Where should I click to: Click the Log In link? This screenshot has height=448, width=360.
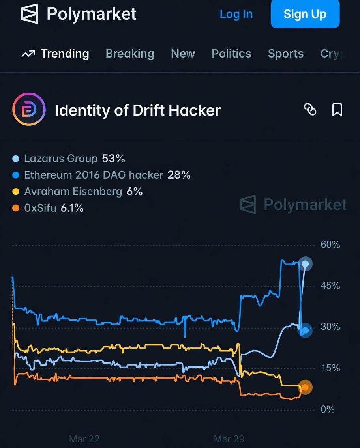coord(236,14)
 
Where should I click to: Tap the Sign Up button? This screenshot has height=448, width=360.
coord(305,14)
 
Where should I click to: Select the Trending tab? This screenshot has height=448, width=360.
coord(55,54)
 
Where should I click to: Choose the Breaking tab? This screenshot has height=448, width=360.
coord(130,54)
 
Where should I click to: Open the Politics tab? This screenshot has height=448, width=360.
coord(231,54)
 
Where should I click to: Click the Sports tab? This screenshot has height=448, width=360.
coord(286,54)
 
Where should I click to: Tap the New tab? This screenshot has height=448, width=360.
coord(183,54)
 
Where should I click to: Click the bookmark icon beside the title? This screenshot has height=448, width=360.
coord(337,110)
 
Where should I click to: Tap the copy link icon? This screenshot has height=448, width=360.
coord(310,110)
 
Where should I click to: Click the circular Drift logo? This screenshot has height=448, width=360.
coord(29,110)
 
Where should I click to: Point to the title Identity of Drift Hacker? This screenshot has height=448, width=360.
coord(138,110)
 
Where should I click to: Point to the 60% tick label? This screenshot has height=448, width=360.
coord(330,245)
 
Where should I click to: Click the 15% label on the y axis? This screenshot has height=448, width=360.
coord(330,368)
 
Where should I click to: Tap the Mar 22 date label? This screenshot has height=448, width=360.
coord(84,439)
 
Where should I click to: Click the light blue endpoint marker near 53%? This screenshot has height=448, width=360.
coord(305,263)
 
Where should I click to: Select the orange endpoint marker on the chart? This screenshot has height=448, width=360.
coord(305,387)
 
